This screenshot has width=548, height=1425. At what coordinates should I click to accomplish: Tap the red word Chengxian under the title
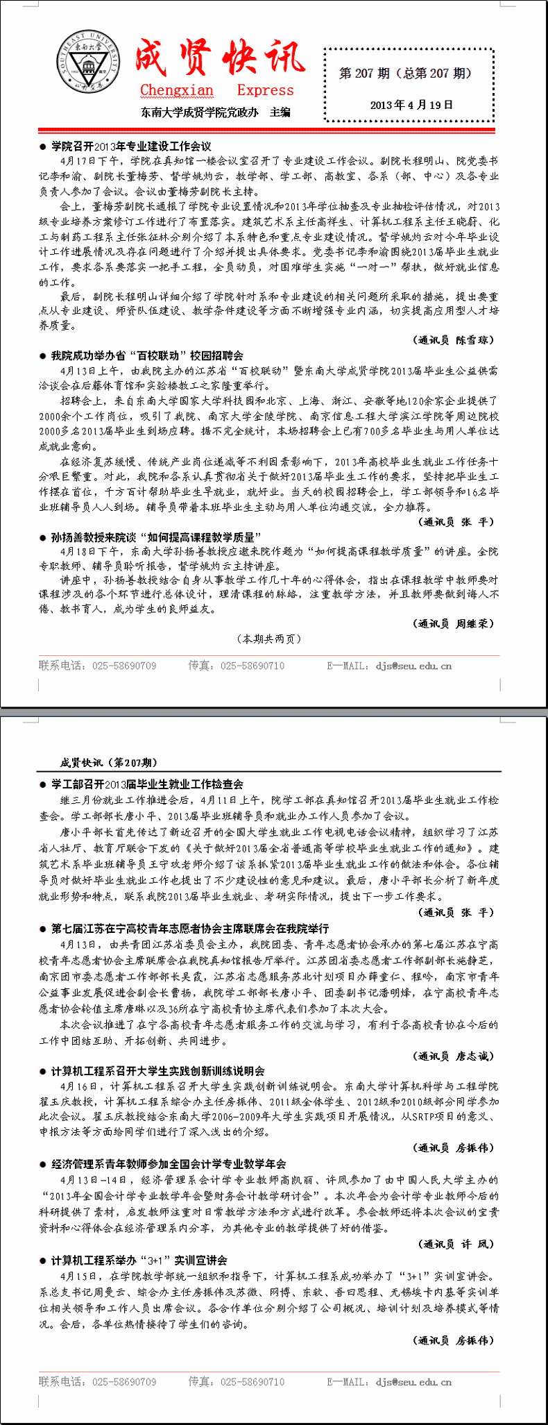pyautogui.click(x=176, y=90)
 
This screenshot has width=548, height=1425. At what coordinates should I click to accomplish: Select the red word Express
pyautogui.click(x=265, y=90)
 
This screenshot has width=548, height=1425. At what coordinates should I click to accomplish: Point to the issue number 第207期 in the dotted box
pyautogui.click(x=365, y=73)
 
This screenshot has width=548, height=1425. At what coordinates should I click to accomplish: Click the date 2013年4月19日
pyautogui.click(x=411, y=105)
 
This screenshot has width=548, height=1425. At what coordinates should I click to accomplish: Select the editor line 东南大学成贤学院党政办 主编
pyautogui.click(x=215, y=112)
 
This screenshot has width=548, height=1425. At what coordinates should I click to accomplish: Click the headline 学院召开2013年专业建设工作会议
pyautogui.click(x=130, y=146)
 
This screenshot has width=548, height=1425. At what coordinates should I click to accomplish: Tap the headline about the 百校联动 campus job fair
pyautogui.click(x=147, y=355)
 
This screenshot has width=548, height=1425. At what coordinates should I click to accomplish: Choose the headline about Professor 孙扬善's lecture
pyautogui.click(x=155, y=537)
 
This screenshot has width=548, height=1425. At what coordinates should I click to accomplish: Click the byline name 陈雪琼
pyautogui.click(x=474, y=340)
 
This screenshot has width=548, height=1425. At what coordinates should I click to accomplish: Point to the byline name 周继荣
pyautogui.click(x=474, y=623)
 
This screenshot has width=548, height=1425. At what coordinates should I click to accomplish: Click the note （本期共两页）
pyautogui.click(x=269, y=639)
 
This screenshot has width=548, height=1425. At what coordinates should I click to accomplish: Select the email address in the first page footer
pyautogui.click(x=413, y=666)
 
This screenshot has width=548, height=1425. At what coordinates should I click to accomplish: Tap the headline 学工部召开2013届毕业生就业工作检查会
pyautogui.click(x=147, y=784)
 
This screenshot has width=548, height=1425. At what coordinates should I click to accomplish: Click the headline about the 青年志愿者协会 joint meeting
pyautogui.click(x=189, y=928)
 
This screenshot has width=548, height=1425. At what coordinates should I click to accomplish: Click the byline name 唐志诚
pyautogui.click(x=474, y=1056)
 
